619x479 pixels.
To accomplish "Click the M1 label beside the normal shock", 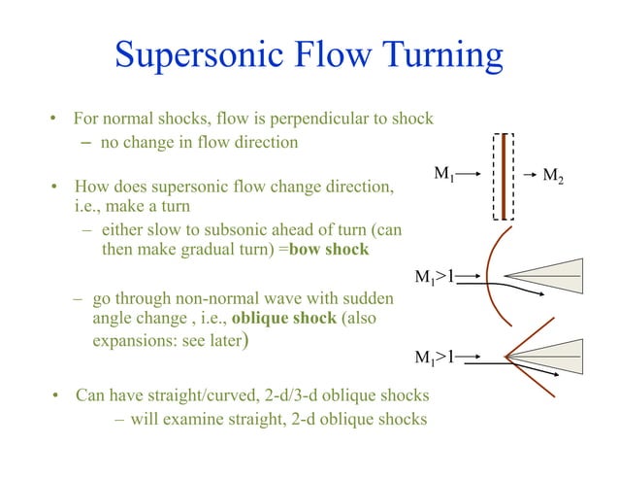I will pos(443,175).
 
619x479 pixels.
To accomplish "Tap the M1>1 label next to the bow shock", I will pos(435,277).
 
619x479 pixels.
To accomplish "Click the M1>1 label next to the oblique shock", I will pos(435,357).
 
